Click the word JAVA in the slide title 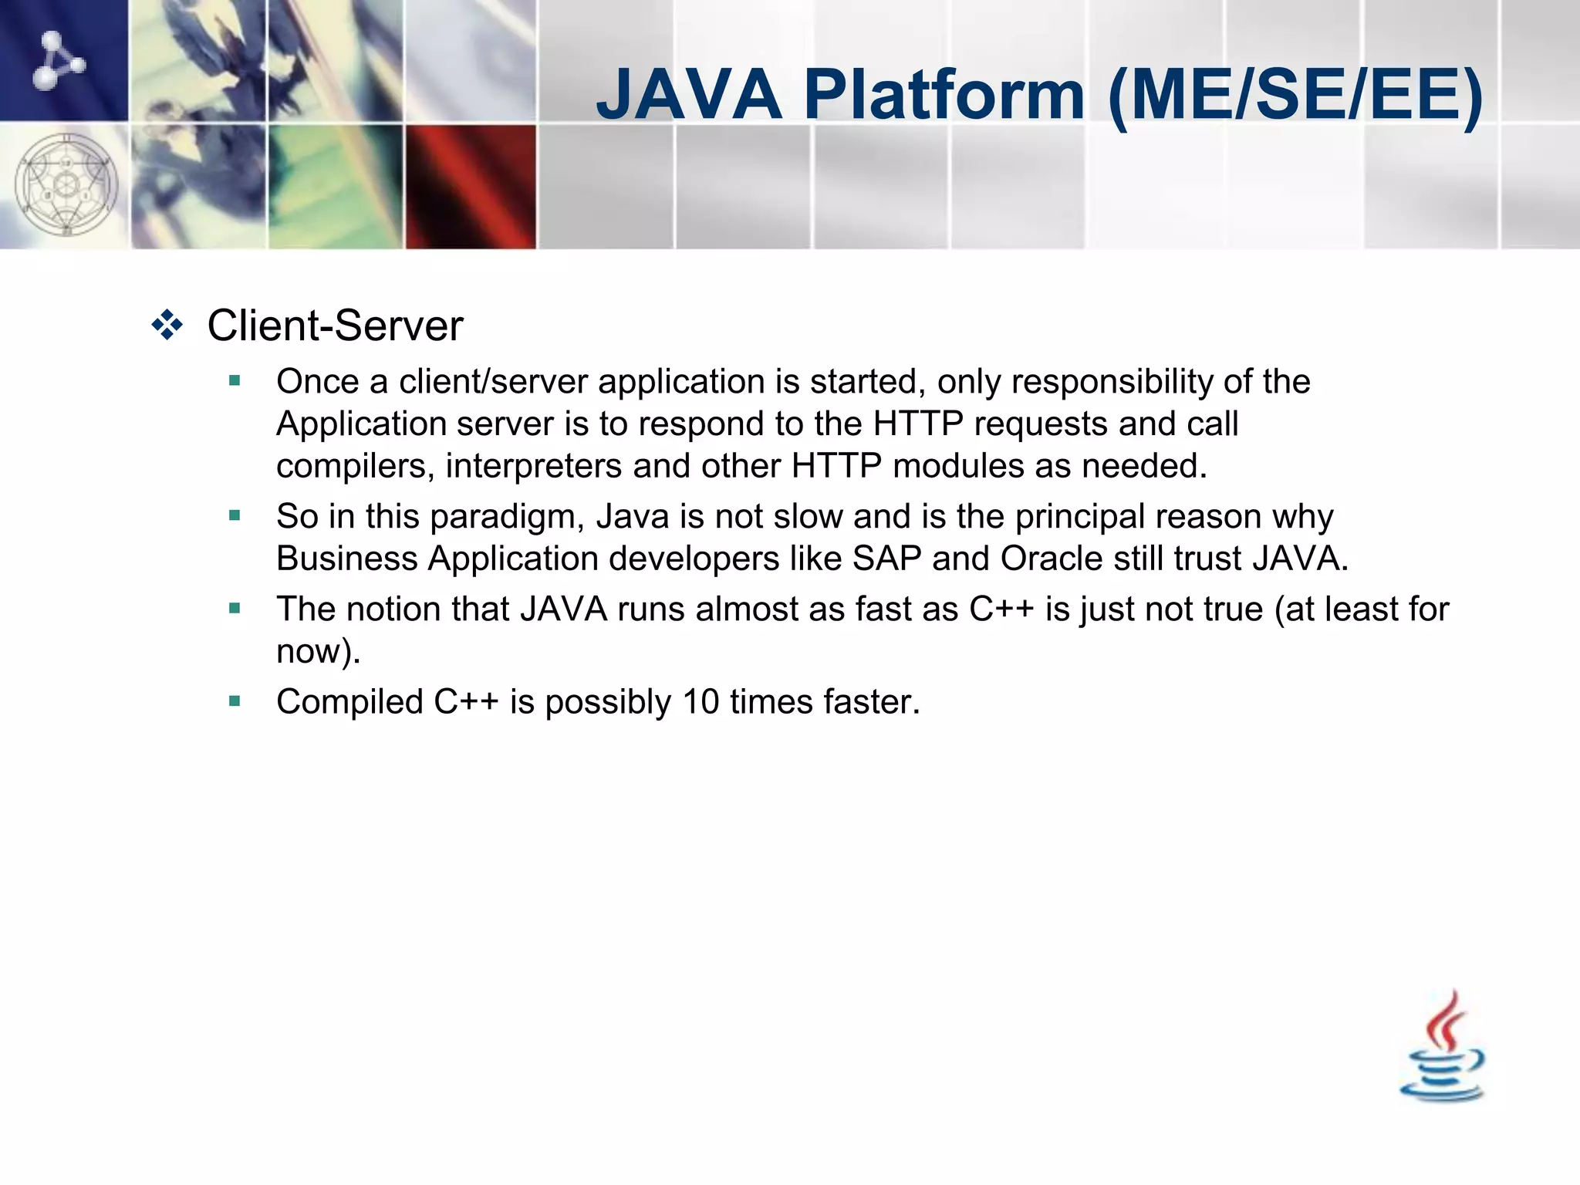pos(689,95)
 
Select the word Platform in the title pos(944,95)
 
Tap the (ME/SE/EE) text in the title pos(1295,95)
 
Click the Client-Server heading pos(335,326)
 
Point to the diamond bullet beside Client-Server pos(167,325)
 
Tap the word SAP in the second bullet pos(886,559)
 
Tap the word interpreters pos(533,466)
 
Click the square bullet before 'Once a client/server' pos(235,380)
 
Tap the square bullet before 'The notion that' pos(235,608)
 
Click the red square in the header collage pos(471,187)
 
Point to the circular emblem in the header pos(66,185)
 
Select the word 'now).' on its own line pos(318,652)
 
